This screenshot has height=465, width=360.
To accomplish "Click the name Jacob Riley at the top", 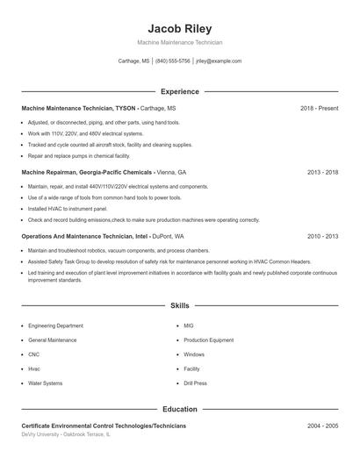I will pyautogui.click(x=180, y=28).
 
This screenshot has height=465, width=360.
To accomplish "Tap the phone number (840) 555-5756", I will pyautogui.click(x=173, y=61).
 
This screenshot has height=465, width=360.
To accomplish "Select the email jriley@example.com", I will pyautogui.click(x=219, y=61).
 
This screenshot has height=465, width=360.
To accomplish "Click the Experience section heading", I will pyautogui.click(x=180, y=91).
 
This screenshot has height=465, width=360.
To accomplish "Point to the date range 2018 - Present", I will pyautogui.click(x=319, y=108).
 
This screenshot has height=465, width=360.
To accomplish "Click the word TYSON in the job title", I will pyautogui.click(x=126, y=108).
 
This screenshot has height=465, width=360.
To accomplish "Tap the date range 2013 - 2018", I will pyautogui.click(x=322, y=173).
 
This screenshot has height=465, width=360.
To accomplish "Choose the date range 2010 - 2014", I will pyautogui.click(x=322, y=237).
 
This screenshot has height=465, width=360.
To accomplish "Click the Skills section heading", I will pyautogui.click(x=180, y=306).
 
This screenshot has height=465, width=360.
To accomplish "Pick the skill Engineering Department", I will pyautogui.click(x=55, y=325).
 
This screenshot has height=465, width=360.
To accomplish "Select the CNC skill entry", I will pyautogui.click(x=34, y=354).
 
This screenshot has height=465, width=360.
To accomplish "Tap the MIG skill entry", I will pyautogui.click(x=188, y=325).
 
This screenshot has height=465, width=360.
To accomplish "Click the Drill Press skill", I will pyautogui.click(x=195, y=383).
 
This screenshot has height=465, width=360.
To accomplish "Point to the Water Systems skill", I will pyautogui.click(x=46, y=383).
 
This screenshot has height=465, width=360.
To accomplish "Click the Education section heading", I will pyautogui.click(x=180, y=409).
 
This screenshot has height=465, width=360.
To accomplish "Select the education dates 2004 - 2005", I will pyautogui.click(x=322, y=426).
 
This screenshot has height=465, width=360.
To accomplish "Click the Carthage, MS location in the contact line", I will pyautogui.click(x=133, y=61).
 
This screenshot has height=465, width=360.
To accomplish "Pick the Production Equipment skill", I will pyautogui.click(x=208, y=340).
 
